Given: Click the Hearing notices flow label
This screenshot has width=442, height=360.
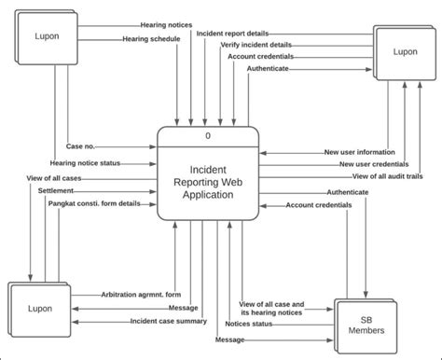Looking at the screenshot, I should coord(166,25).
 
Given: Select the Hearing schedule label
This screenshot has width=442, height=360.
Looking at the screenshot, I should coord(150,39).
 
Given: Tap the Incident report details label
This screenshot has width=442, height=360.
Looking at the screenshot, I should coord(231,33).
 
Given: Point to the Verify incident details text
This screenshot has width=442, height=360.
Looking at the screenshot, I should coord(256,45).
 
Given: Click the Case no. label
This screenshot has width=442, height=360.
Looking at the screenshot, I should coord(79,146).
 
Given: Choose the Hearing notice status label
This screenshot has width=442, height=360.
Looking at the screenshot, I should coord(85,162).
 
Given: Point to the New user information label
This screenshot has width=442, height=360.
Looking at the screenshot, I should coord(359,152).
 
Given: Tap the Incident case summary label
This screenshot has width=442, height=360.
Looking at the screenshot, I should coord(168,321).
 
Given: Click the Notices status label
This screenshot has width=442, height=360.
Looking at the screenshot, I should coord(249,324).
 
